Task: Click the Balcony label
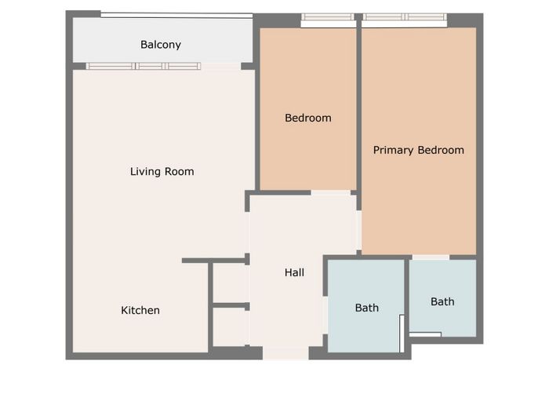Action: coord(161,45)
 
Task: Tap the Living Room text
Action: coord(162,172)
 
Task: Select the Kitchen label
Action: coord(140,311)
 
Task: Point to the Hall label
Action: coord(294,272)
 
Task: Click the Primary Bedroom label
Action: coord(419,151)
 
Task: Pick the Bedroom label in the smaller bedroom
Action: coord(308,118)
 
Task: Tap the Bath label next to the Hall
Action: coord(367,308)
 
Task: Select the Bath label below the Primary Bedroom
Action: coord(442,301)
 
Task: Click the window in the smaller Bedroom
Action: coord(328,16)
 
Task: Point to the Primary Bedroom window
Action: coord(405,16)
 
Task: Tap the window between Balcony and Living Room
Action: coord(144,66)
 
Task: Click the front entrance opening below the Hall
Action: coord(285,353)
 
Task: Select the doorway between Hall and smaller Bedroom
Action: coord(331,193)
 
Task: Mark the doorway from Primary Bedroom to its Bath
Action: coord(431,257)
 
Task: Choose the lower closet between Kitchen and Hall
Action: coord(230,327)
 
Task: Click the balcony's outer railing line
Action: coord(176,15)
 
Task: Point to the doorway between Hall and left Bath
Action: coord(325,315)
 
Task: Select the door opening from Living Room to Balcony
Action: coord(221,66)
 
